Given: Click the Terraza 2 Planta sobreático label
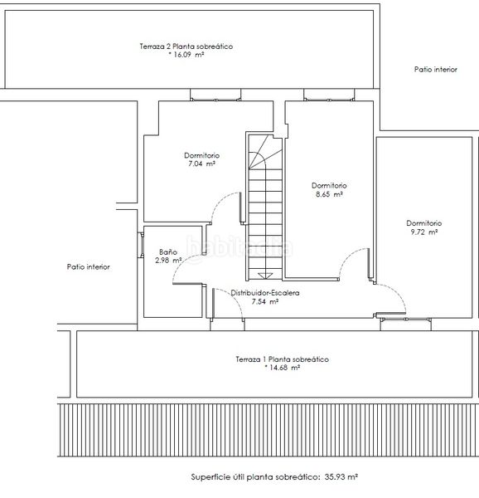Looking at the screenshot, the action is click(186, 46).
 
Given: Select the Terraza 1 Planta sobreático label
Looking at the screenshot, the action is click(282, 359).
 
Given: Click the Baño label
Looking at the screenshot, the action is click(168, 251).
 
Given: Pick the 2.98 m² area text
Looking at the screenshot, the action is click(168, 261).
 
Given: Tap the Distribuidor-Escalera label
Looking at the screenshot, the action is click(265, 293).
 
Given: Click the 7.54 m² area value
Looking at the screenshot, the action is click(265, 301).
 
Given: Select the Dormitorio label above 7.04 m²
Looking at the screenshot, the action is click(201, 155).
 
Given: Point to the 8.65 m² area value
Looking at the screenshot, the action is click(329, 194).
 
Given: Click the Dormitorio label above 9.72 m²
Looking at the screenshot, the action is click(424, 223).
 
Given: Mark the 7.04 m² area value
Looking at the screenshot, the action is click(201, 164).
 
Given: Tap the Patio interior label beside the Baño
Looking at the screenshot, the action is click(89, 266).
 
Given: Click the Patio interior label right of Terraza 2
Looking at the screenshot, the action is click(436, 69).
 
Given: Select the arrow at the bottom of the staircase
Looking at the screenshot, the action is click(265, 276).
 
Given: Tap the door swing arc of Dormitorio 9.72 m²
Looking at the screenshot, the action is click(398, 292).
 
